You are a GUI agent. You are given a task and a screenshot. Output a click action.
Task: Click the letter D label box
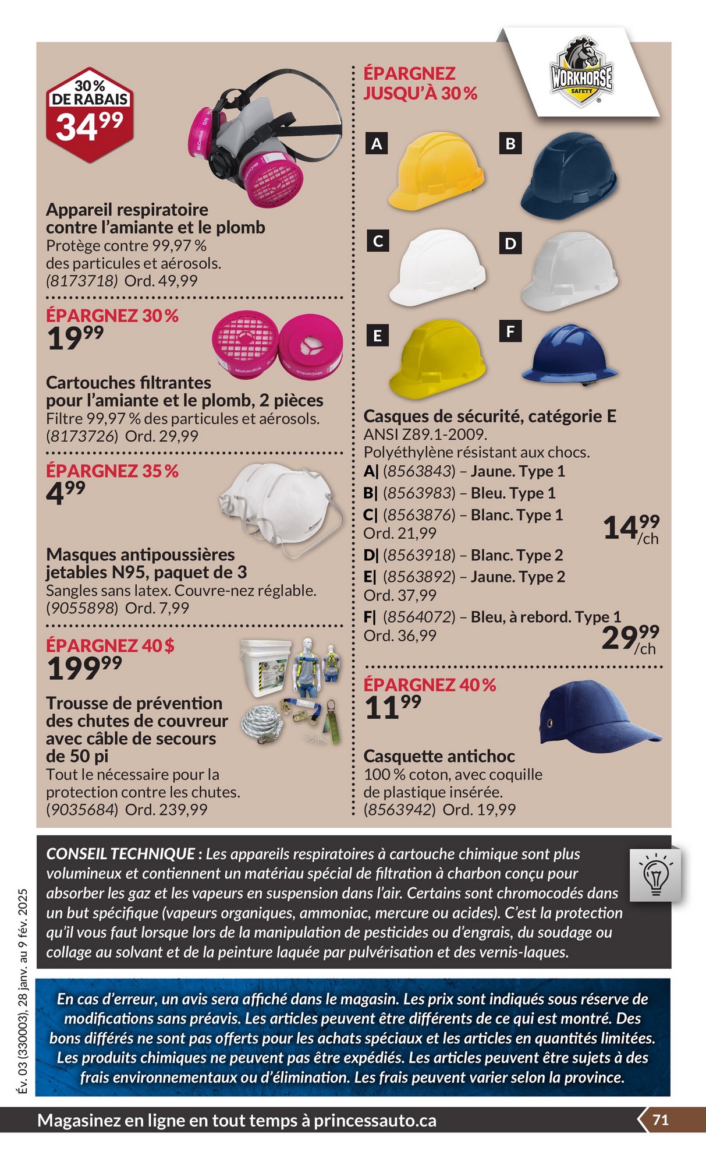coord(510,243)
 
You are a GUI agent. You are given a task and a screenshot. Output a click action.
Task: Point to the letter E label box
coord(377,336)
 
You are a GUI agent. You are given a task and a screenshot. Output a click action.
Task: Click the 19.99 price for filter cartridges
coord(75,338)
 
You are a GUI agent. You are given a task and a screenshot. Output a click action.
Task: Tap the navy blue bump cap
coord(594,714)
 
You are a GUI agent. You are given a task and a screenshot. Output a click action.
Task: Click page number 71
coord(660,1120)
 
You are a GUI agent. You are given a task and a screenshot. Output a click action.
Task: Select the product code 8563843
coord(418,471)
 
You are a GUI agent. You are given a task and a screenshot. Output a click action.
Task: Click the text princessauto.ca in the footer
coord(375,1121)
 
